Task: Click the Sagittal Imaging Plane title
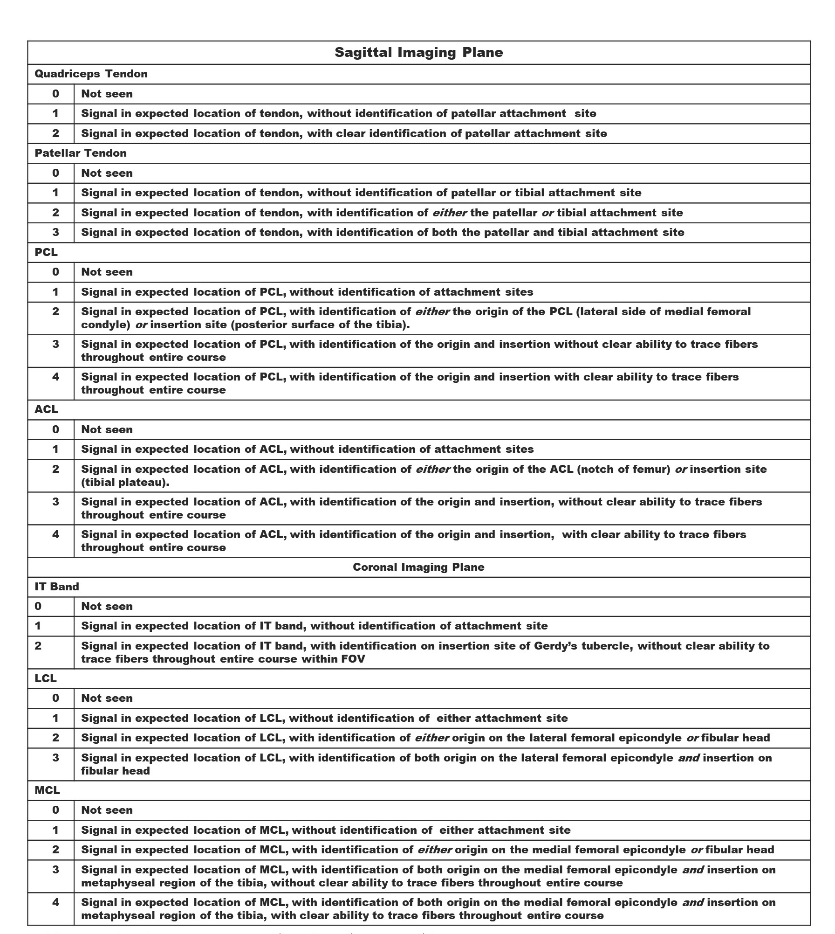(418, 52)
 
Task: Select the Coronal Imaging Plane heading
(418, 567)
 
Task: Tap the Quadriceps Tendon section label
(91, 74)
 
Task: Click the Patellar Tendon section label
(80, 153)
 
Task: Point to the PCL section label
(46, 252)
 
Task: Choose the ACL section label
(46, 409)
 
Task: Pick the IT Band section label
(56, 587)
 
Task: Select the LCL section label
(45, 678)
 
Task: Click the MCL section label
(47, 790)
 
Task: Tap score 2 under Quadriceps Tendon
(55, 133)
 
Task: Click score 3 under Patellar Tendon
(55, 232)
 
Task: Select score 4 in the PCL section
(55, 377)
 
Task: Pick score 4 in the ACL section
(55, 534)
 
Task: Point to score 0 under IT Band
(38, 606)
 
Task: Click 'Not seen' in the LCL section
(107, 698)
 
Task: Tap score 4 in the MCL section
(55, 902)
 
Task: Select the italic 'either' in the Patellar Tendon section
(449, 213)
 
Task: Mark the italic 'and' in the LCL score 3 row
(688, 758)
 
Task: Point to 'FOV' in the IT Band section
(353, 659)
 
